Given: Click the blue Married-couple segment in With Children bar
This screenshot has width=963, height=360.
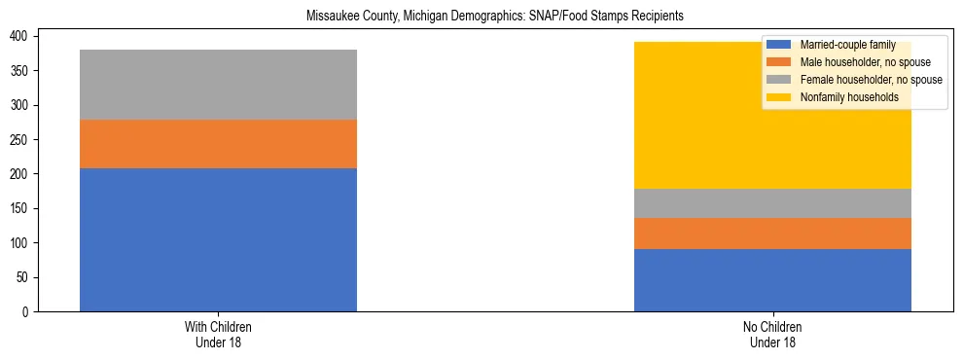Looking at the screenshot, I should click(x=218, y=239).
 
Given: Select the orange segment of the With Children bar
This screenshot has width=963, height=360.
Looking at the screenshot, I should click(x=218, y=144).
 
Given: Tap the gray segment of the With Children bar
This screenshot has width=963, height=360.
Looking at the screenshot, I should click(x=218, y=85).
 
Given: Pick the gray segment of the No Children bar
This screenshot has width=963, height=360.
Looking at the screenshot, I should click(x=772, y=203).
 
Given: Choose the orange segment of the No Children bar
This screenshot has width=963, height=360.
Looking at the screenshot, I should click(x=772, y=234).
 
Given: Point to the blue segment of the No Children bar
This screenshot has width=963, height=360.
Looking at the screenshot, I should click(x=772, y=280).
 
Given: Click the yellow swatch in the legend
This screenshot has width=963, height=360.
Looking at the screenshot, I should click(x=780, y=97).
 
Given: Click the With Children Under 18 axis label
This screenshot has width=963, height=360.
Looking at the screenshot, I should click(x=218, y=335).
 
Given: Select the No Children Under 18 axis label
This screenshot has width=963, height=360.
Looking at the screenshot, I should click(x=772, y=335).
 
